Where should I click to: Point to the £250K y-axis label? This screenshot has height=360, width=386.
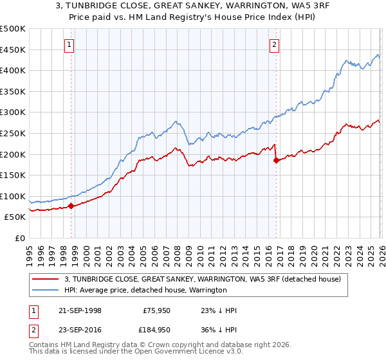pos(13,133)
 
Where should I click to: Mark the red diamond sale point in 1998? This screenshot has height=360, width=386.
pos(71,206)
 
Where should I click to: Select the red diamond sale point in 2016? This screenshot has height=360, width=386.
pos(276,161)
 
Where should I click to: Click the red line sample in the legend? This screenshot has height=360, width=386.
pos(46,279)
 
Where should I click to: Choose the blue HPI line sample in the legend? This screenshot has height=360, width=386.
pos(46,290)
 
